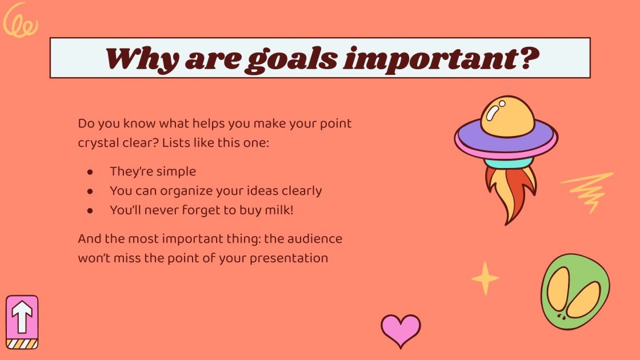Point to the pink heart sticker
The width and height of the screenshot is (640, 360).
click(x=401, y=330)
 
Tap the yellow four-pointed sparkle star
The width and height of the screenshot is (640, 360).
click(x=485, y=278)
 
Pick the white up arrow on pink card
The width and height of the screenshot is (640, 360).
click(x=22, y=318)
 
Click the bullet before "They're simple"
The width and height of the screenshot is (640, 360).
click(x=90, y=171)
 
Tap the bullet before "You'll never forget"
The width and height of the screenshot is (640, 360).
click(x=90, y=210)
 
